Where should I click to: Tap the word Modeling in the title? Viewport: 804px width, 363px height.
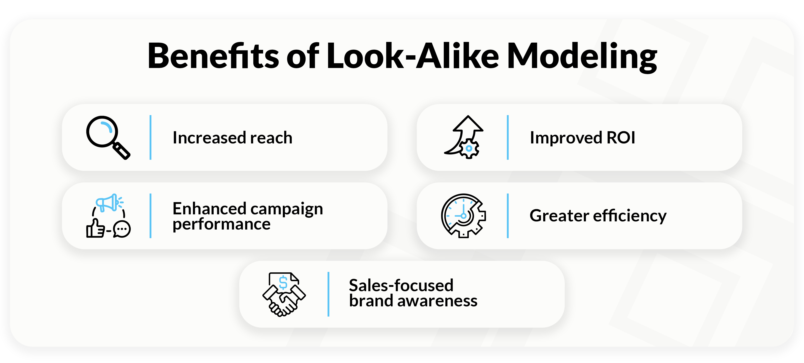pos(582,57)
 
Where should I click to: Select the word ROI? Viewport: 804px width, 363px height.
pos(621,138)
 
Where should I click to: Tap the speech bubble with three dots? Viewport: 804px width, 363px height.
pos(122,229)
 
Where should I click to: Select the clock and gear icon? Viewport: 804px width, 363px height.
pos(464,216)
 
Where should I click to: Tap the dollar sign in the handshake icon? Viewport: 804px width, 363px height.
pos(283,283)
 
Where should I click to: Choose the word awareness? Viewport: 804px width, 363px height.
pos(437,301)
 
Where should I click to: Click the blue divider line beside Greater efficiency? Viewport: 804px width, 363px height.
pos(508,216)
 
